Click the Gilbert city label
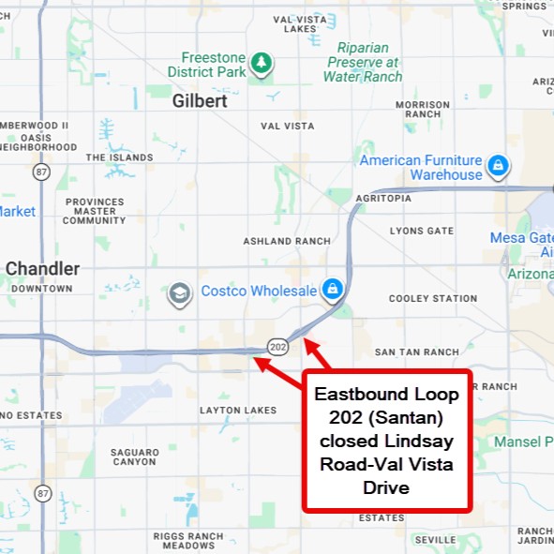click(x=200, y=101)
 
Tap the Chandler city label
click(x=42, y=269)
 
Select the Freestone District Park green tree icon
click(x=261, y=64)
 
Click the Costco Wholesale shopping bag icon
click(x=332, y=289)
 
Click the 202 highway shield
click(x=277, y=346)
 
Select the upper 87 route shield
click(x=40, y=172)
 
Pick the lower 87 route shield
click(x=42, y=492)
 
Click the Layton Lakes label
click(x=238, y=410)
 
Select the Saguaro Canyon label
click(x=134, y=457)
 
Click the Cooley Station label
click(x=433, y=298)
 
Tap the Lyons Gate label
click(x=421, y=231)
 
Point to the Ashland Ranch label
click(x=287, y=241)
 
